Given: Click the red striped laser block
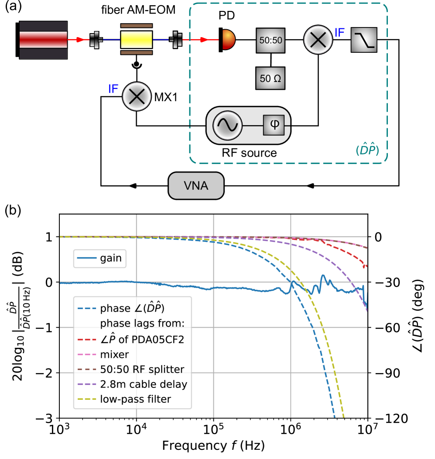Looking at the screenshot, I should click(x=43, y=40).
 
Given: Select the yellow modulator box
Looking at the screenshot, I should click(x=137, y=40).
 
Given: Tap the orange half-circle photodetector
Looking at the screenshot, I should click(x=228, y=40).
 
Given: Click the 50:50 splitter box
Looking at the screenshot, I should click(x=271, y=41).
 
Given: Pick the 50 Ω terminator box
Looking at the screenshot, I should click(x=271, y=79).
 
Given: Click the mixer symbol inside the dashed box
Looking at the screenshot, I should click(x=318, y=40).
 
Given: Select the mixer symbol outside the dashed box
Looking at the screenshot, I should click(x=137, y=96).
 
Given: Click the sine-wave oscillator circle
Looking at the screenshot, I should click(x=227, y=126).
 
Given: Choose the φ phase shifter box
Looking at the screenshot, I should click(x=274, y=126).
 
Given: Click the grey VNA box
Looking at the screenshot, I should click(x=196, y=186).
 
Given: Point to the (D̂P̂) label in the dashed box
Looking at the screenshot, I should click(x=366, y=150).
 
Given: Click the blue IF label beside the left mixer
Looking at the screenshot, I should click(x=113, y=89).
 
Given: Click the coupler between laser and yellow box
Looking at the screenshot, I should click(x=96, y=40).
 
